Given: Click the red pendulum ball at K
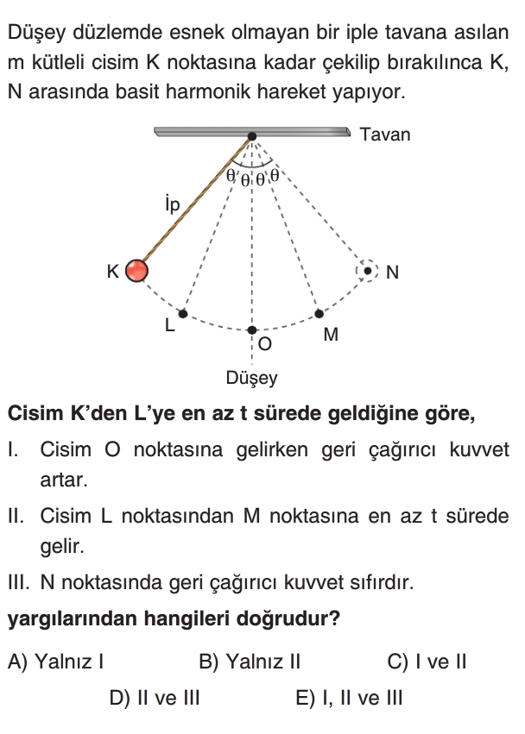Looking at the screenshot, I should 136,271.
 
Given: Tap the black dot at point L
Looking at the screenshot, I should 182,313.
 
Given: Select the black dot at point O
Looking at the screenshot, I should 251,330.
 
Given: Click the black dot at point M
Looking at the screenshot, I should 319,313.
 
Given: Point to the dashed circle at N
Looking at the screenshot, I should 368,271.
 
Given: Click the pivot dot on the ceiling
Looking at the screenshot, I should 251,136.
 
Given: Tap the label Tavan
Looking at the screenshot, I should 385,135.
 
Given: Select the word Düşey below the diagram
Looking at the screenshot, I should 251,378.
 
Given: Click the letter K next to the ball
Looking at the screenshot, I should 112,272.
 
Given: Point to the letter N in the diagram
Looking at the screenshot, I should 392,273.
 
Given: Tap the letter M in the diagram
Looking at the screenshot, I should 331,336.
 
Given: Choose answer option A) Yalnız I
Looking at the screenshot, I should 56,662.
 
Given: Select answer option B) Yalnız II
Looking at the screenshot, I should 250,662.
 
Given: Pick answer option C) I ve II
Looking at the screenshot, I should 427,662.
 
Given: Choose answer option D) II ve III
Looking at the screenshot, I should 155,698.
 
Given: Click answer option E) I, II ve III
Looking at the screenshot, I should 349,698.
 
